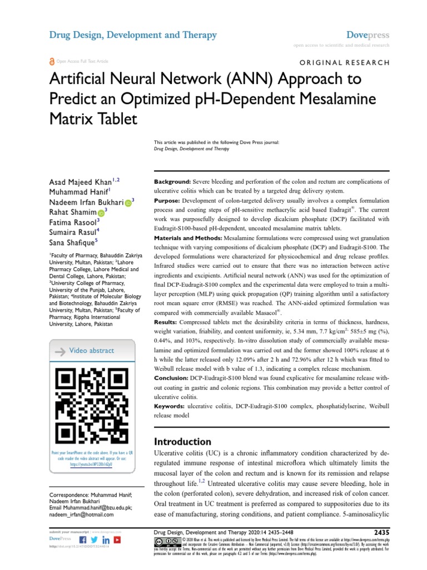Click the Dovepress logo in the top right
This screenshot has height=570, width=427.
[368, 35]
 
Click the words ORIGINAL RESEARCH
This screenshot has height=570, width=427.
[345, 63]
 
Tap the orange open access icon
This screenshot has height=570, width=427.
[52, 61]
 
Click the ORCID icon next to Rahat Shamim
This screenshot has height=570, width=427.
[101, 213]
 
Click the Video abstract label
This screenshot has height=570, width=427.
[91, 351]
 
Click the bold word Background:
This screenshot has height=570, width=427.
[172, 182]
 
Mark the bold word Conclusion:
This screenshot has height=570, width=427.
[173, 378]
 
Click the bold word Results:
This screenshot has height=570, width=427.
[166, 322]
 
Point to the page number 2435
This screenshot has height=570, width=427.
[379, 532]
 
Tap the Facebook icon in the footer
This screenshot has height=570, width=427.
[83, 540]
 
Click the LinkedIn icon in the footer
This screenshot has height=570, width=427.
[106, 540]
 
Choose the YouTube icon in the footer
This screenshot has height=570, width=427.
[117, 540]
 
